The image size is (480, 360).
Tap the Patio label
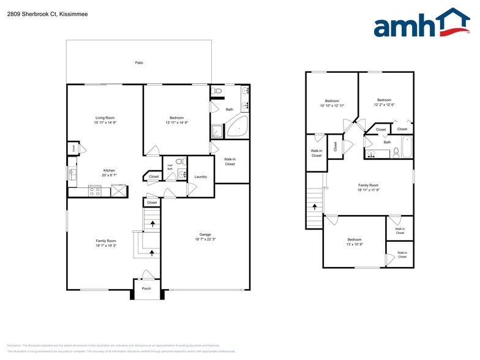(140, 62)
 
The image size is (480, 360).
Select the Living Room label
(105, 118)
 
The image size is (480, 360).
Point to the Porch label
(146, 288)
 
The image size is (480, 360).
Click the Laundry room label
(201, 177)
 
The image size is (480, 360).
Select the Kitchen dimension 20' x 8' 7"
(109, 176)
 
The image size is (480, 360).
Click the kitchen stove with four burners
(95, 191)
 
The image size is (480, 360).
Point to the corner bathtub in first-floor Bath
(237, 127)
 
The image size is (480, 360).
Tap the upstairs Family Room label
(369, 185)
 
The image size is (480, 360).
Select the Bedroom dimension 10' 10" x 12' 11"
(332, 106)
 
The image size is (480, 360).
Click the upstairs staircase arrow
(315, 206)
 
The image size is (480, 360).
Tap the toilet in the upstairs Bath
(396, 152)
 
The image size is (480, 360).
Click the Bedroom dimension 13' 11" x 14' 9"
(176, 123)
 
